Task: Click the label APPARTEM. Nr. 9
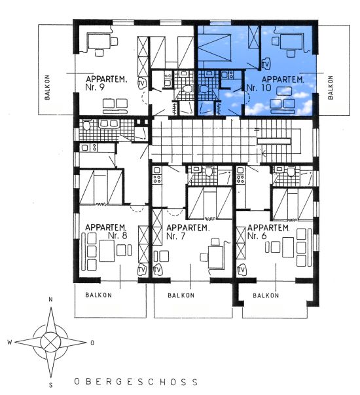pos(106,83)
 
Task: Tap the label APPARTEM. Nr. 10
pos(275,83)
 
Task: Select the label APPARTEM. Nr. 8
pos(106,231)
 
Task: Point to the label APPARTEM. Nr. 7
pos(188,232)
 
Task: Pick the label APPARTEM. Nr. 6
pos(268,232)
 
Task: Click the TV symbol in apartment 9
pos(142,83)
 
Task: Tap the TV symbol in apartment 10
pos(265,64)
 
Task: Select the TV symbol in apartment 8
pos(142,270)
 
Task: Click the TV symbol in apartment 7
pos(158,270)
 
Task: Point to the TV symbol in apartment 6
pos(242,270)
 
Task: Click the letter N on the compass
pos(50,299)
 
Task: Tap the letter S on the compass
pos(51,385)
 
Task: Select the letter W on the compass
pos(10,342)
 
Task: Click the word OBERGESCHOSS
pos(136,381)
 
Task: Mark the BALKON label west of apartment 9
pos(47,87)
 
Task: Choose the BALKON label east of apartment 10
pos(331,87)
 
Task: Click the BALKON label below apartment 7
pos(181,295)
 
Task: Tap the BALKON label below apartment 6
pos(266,295)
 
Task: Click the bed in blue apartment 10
pos(214,48)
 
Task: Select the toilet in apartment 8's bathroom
pos(86,125)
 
